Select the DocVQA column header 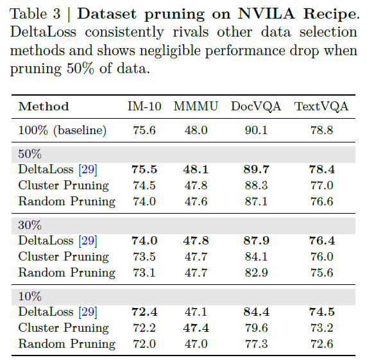tap(256, 107)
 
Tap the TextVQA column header tap(321, 107)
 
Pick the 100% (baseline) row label tap(62, 130)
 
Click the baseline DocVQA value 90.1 tap(256, 130)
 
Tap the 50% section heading tap(30, 155)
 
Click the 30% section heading tap(30, 226)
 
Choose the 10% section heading tap(30, 297)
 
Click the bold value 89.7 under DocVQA tap(256, 169)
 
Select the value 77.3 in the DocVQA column tap(256, 343)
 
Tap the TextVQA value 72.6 tap(321, 343)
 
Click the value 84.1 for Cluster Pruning tap(256, 257)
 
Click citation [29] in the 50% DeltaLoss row tap(87, 169)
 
